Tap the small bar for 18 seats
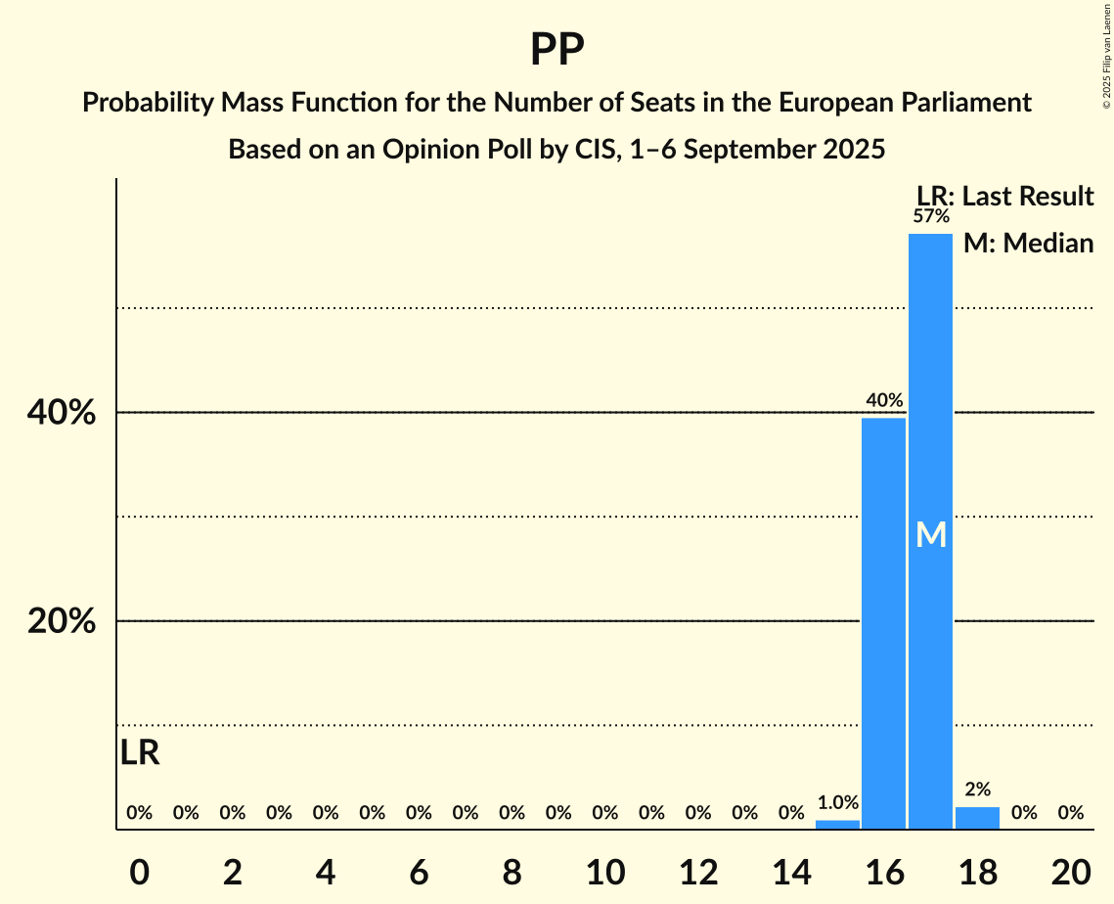(x=977, y=818)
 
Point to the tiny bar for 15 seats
(x=837, y=825)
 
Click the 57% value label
(x=930, y=216)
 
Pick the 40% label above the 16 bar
(x=883, y=400)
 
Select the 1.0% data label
(x=837, y=803)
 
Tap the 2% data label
(x=977, y=790)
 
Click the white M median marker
(x=930, y=534)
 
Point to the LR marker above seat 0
(x=140, y=752)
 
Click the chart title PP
(x=557, y=50)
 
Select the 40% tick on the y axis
(x=62, y=413)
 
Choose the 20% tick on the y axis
(x=62, y=621)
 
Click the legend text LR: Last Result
(x=1004, y=197)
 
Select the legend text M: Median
(x=1028, y=243)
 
